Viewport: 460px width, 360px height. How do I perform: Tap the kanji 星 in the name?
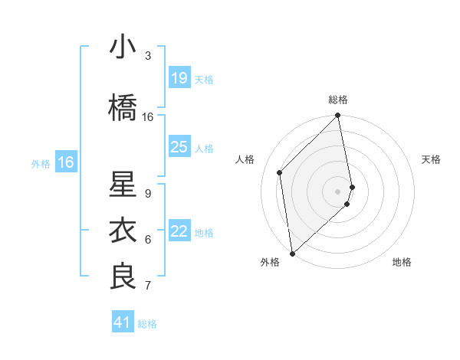123,185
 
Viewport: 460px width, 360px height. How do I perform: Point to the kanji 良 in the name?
123,276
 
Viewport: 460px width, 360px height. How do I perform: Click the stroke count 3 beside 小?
148,56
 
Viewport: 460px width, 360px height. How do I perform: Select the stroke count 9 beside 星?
148,194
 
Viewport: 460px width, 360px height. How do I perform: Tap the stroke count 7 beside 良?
148,286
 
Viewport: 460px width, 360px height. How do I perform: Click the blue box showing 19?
179,78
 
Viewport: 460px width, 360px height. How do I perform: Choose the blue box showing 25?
179,147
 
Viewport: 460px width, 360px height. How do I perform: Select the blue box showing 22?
179,231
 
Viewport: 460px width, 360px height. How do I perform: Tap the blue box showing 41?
123,322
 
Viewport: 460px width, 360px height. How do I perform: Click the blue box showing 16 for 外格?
66,162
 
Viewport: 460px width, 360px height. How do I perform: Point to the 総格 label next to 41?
147,324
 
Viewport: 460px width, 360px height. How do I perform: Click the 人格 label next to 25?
204,148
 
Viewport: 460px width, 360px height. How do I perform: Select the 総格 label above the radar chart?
338,100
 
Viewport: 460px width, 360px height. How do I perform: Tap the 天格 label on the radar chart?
432,159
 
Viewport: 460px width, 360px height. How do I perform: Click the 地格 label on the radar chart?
402,262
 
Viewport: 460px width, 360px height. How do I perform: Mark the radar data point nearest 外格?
291,253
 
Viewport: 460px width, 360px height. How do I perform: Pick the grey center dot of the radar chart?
337,191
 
